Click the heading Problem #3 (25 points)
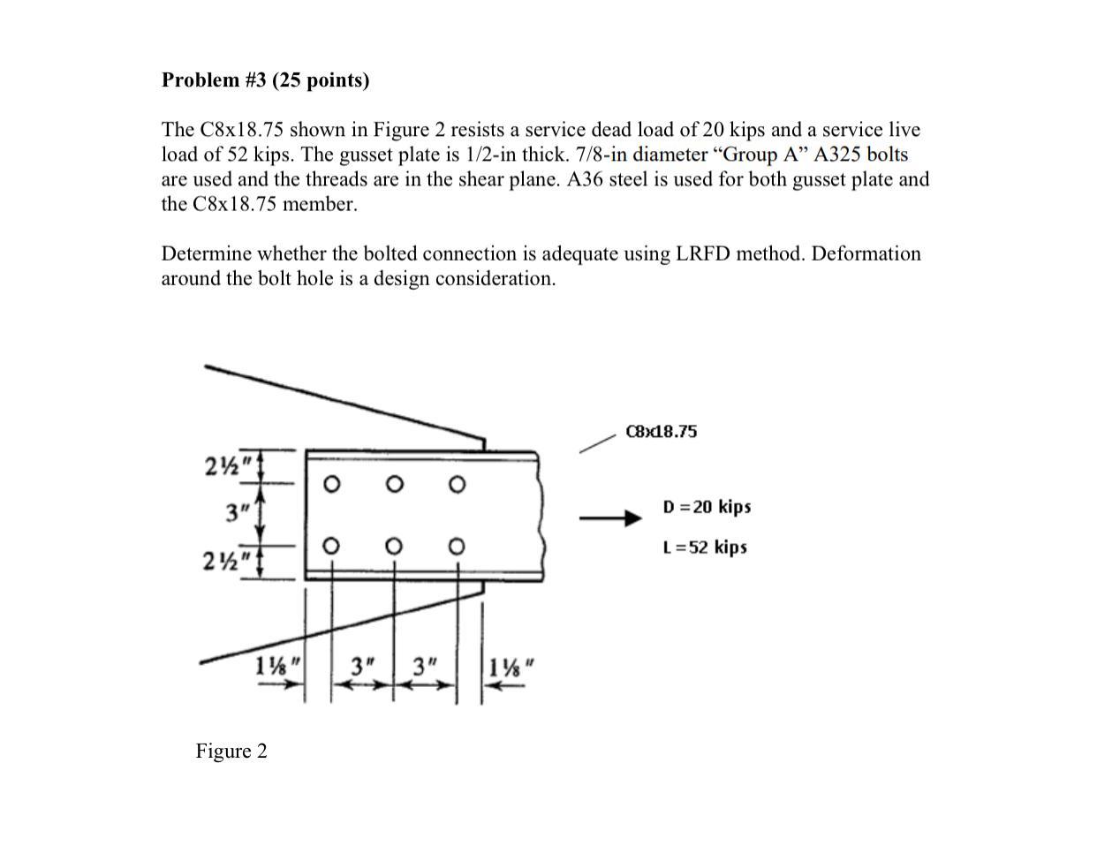pos(265,80)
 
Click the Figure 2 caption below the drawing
pos(231,752)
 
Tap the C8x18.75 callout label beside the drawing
pos(661,432)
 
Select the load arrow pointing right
pos(609,518)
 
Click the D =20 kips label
pos(707,507)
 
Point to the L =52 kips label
pos(705,548)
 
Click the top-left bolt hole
pos(330,484)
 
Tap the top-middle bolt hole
pos(394,484)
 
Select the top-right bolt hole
pos(456,484)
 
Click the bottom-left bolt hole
pos(330,547)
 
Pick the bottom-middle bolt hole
pos(394,547)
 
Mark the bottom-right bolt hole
pos(456,547)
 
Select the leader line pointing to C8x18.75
pos(597,442)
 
